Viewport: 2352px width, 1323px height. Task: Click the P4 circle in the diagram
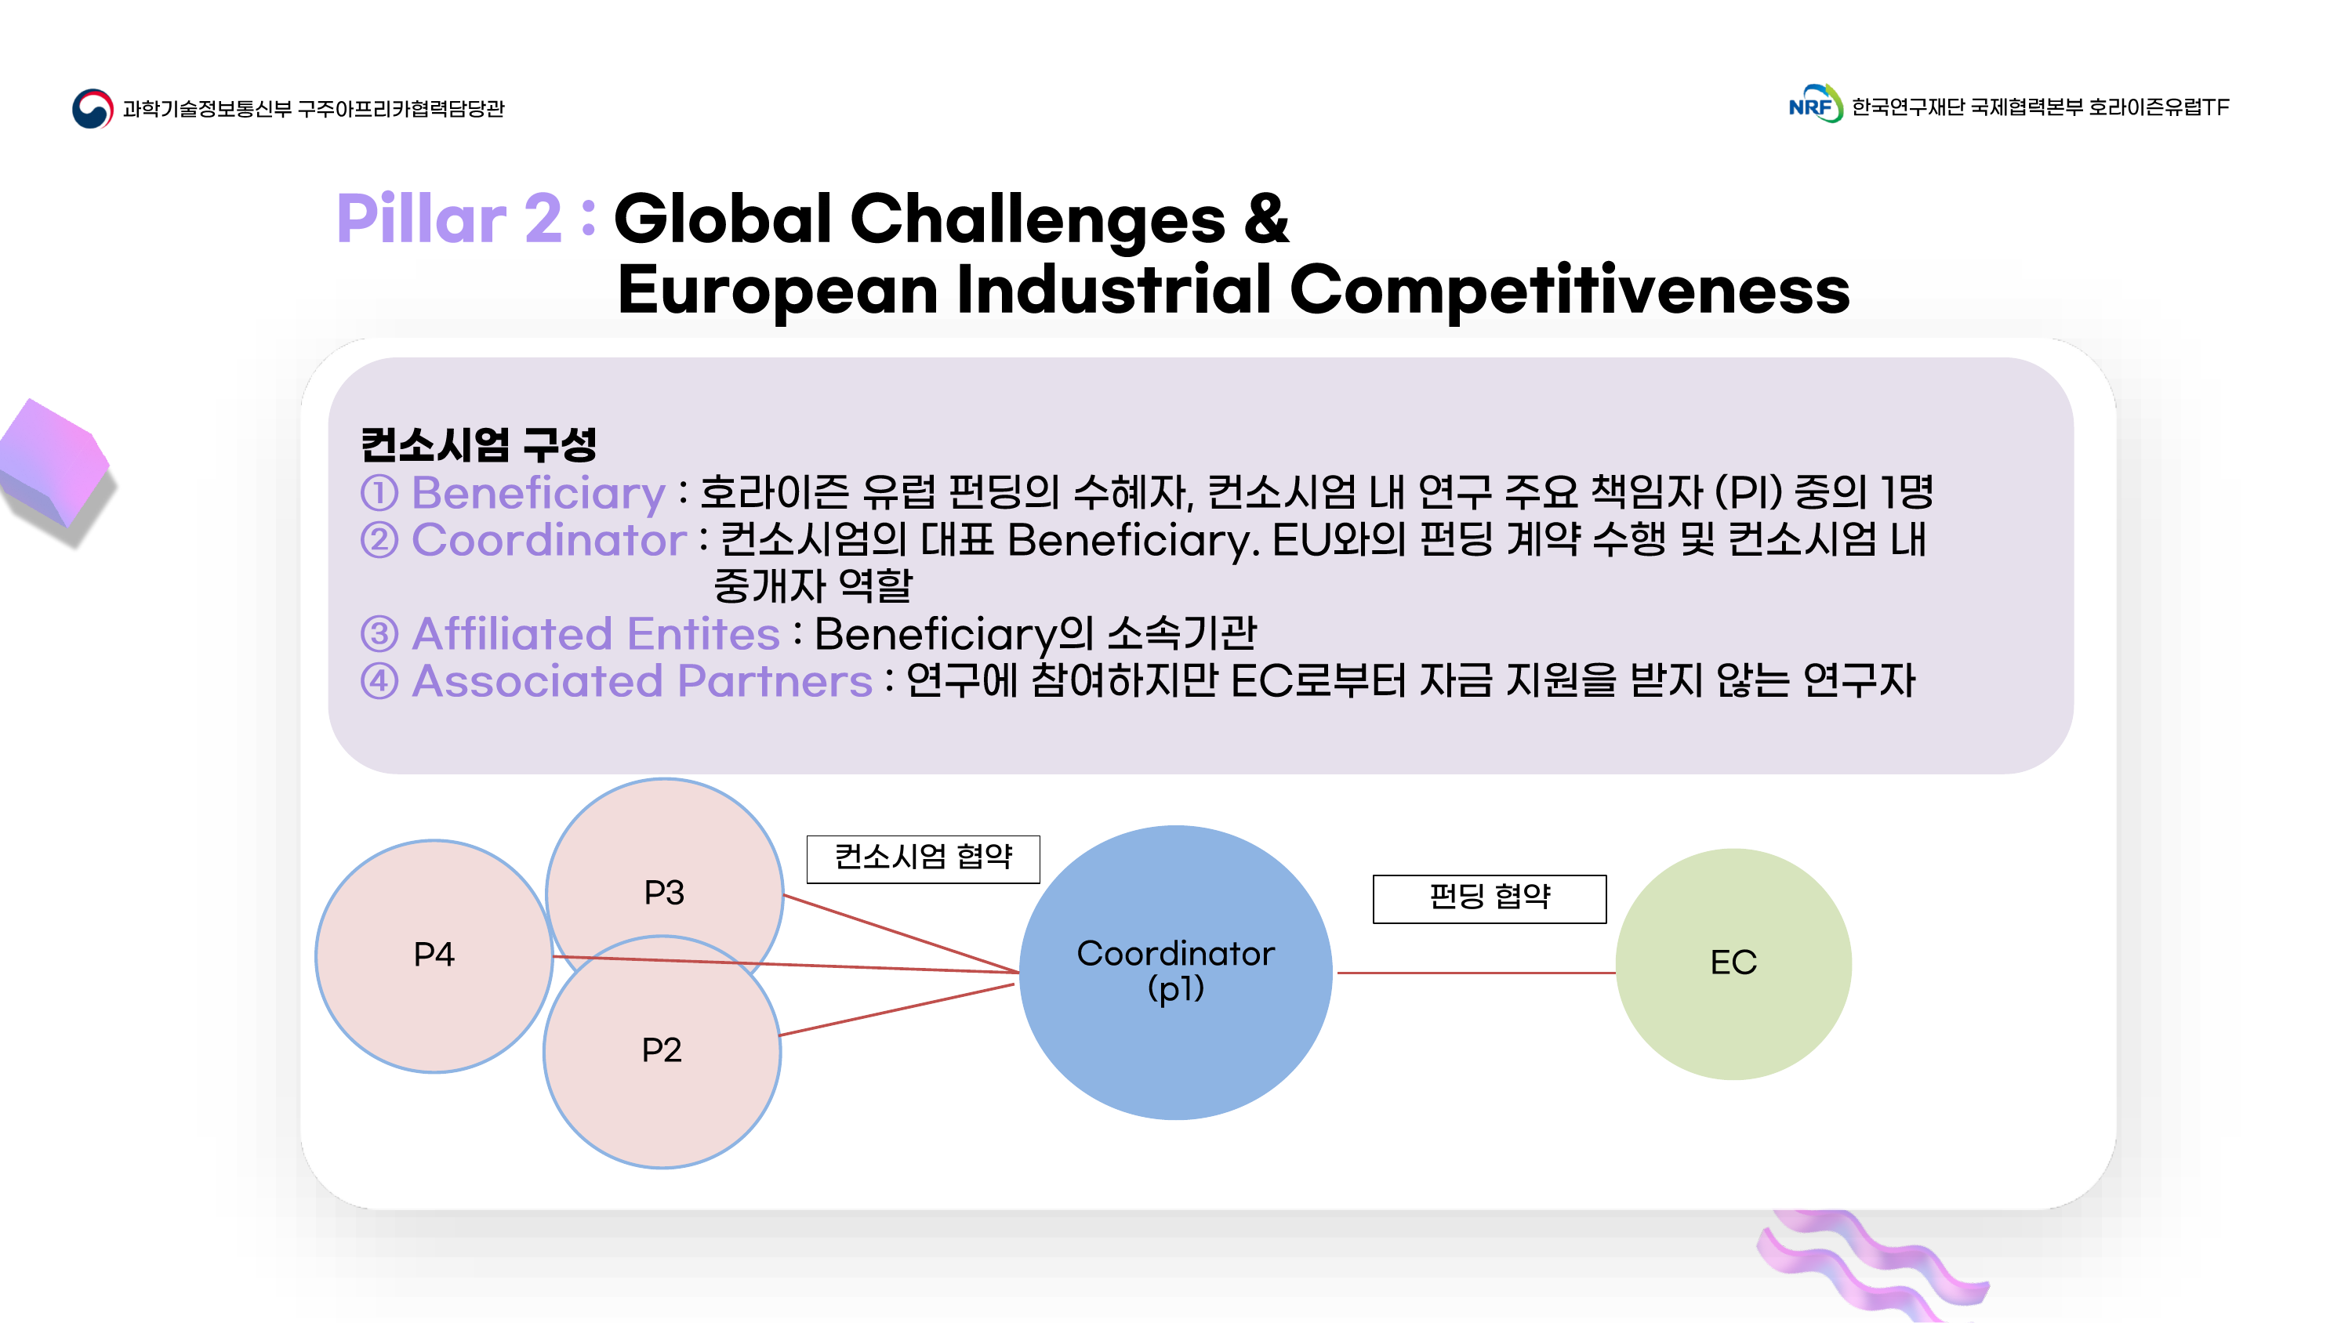tap(434, 955)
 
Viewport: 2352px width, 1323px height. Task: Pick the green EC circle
tap(1733, 963)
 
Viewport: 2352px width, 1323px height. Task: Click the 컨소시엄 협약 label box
tap(923, 858)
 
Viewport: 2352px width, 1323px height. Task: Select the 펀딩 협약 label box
tap(1489, 898)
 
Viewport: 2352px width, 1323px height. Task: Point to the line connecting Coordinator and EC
tap(1475, 973)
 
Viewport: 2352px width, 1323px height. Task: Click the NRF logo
tap(1814, 105)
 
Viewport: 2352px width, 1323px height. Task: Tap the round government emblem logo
tap(93, 109)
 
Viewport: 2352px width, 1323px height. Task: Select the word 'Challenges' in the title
tap(1037, 219)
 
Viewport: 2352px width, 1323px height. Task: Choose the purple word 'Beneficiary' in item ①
tap(539, 493)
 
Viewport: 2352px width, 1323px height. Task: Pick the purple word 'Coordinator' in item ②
tap(549, 539)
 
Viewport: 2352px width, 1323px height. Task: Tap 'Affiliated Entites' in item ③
tap(595, 633)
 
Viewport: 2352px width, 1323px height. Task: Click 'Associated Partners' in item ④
tap(642, 681)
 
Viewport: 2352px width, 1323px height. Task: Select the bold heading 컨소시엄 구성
tap(478, 444)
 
